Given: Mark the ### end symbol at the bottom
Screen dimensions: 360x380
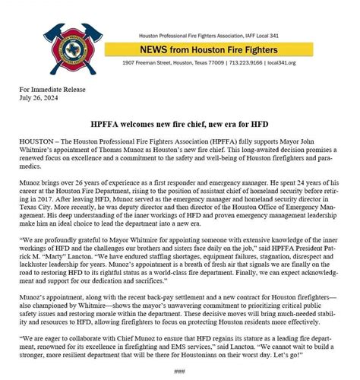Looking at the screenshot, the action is point(179,371).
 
